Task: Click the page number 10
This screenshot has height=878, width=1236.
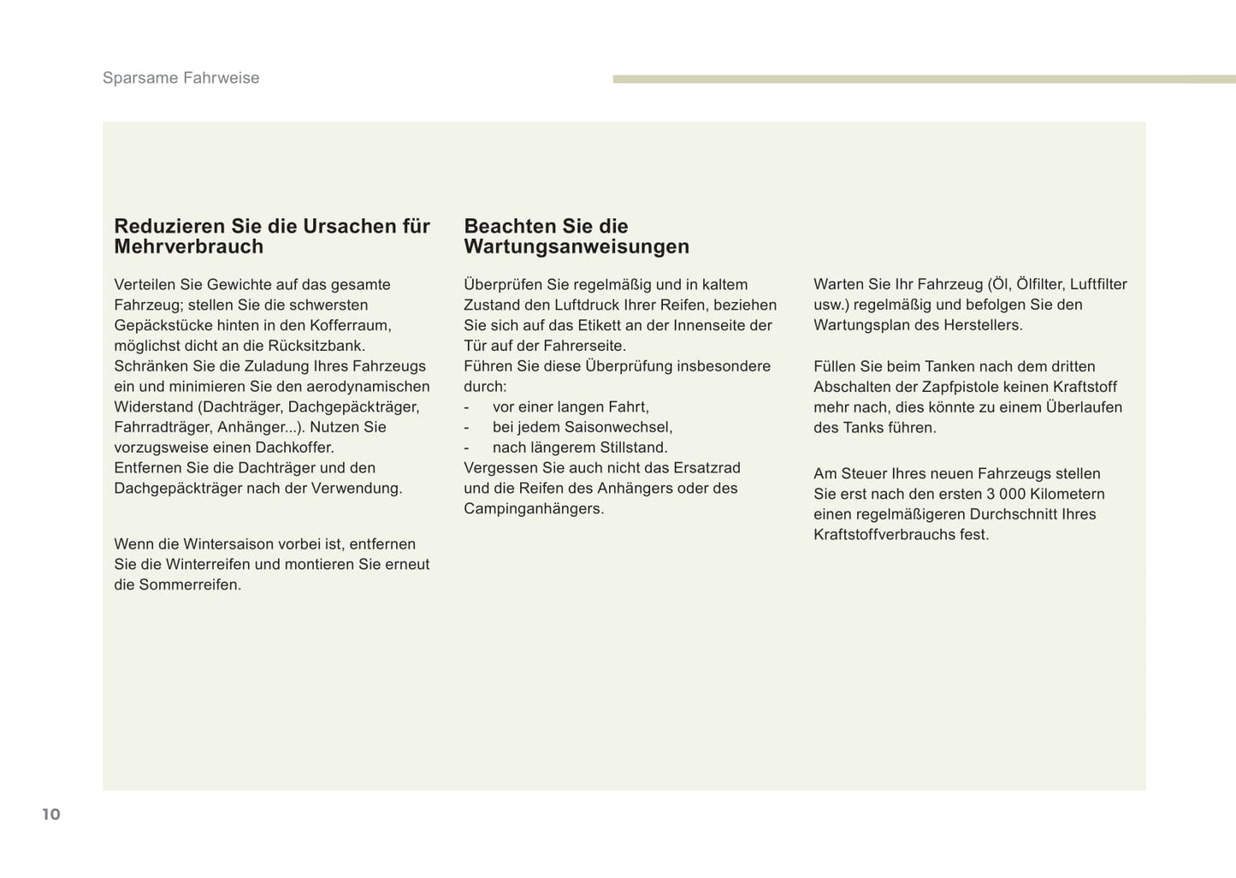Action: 51,814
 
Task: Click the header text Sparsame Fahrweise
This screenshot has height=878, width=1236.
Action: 180,78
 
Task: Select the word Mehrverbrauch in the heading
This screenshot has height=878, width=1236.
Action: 188,246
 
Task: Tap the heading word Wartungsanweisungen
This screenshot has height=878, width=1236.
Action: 576,246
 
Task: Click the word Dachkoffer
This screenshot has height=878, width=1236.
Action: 295,448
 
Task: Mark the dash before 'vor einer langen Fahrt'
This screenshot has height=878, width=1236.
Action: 466,407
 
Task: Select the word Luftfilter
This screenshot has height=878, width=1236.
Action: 1098,284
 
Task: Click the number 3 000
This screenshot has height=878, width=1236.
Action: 1005,494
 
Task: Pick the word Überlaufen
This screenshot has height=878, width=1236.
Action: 1084,407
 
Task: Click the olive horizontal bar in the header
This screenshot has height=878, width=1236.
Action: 924,80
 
